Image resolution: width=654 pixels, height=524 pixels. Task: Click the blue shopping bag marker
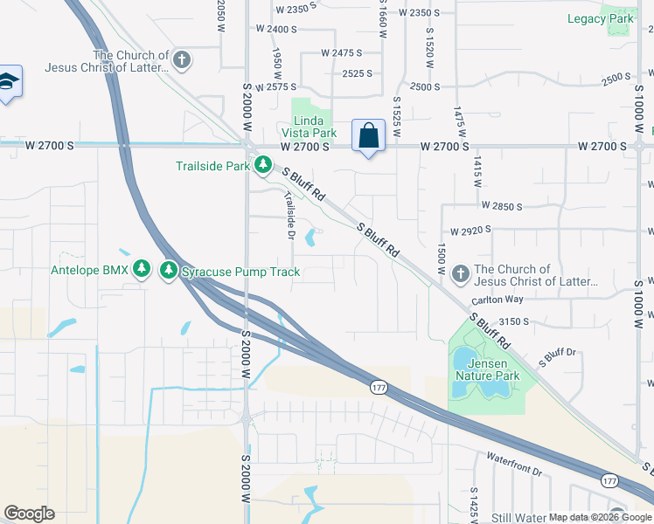pos(368,136)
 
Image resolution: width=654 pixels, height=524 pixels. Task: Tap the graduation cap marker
pos(8,82)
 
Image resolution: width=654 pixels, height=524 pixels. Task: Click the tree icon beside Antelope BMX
pos(142,271)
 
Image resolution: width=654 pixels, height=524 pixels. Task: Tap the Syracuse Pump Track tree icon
pos(169,271)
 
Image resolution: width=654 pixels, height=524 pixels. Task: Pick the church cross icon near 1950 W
pos(182,60)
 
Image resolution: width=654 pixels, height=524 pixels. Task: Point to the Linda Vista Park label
pos(314,126)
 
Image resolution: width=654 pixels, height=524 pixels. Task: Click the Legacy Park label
pos(599,18)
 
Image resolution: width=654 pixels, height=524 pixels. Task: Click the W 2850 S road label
pos(502,206)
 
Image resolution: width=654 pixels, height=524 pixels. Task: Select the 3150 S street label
pos(515,321)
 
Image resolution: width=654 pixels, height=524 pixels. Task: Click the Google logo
pos(29,514)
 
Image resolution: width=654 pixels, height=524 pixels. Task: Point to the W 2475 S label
pos(342,53)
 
